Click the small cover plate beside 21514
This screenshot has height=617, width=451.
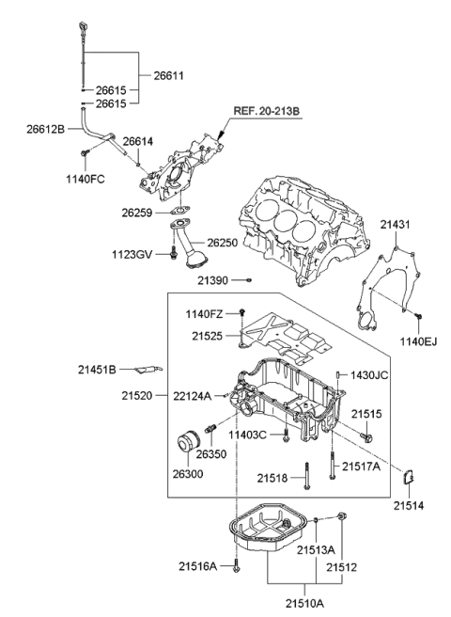[x=410, y=479]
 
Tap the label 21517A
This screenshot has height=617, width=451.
[x=361, y=466]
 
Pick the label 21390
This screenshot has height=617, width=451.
[x=213, y=280]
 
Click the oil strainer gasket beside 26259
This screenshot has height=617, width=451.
[x=180, y=211]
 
